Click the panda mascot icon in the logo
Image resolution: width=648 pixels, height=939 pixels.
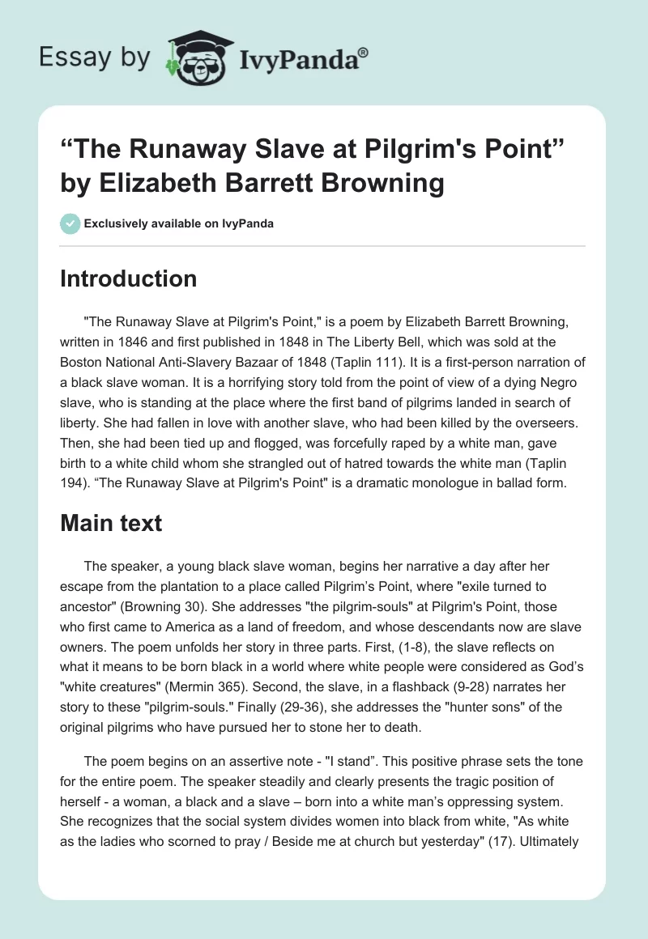pos(194,57)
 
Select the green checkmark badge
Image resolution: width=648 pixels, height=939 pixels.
pos(70,223)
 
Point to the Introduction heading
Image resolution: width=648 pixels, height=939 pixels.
pos(128,278)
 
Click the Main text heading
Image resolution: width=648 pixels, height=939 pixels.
pos(111,523)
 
